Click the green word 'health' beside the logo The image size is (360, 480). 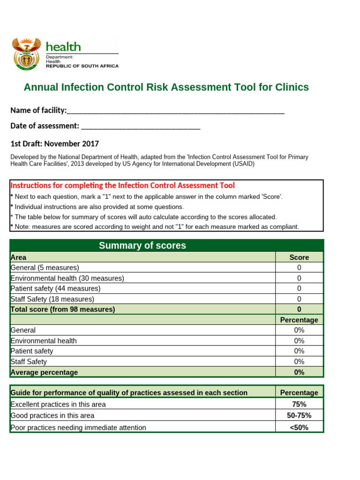coord(63,47)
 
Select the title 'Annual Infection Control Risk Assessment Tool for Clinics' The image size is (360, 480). coord(166,87)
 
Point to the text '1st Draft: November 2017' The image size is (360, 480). coord(54,144)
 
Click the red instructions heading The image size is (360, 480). coord(122,186)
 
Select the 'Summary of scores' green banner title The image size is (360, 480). coord(142,246)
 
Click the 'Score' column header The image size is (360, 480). coord(299,257)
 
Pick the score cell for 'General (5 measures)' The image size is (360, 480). coord(299,268)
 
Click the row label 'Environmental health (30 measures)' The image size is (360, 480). coord(67,278)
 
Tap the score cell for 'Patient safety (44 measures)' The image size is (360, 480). coord(299,289)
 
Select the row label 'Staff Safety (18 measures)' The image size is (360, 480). coord(52,299)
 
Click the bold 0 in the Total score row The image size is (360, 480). coord(299,309)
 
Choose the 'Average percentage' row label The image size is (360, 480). coord(44,372)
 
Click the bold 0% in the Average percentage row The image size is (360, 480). coord(299,372)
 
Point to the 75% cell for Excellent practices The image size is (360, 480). coord(299,404)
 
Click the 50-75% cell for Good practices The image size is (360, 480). coord(299,415)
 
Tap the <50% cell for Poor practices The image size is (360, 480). coord(299,427)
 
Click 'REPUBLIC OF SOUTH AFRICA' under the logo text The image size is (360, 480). coord(82,66)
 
